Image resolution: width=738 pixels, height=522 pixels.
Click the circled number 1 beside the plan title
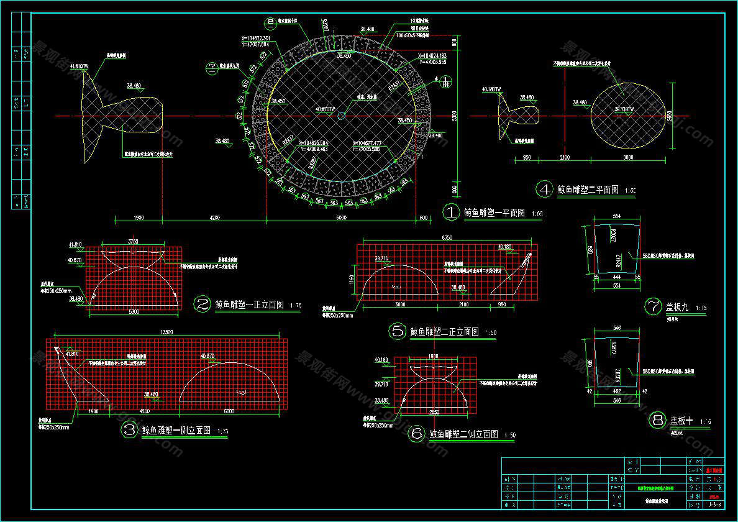click(450, 212)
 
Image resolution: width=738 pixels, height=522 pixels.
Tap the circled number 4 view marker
click(544, 190)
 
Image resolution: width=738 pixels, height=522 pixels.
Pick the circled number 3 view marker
click(129, 429)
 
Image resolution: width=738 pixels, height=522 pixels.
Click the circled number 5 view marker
click(398, 331)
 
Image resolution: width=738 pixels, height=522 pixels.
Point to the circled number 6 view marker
click(416, 434)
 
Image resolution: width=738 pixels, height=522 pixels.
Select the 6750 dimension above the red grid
click(447, 237)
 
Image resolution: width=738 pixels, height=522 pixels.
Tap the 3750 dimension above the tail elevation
click(133, 241)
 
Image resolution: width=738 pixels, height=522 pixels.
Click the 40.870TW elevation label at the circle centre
click(326, 109)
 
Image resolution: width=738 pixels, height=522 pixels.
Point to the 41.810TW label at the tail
click(80, 65)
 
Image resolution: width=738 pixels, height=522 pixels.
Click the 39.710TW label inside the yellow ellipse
click(624, 109)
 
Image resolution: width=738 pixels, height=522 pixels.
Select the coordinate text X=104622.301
click(256, 38)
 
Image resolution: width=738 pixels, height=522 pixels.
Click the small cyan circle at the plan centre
click(341, 116)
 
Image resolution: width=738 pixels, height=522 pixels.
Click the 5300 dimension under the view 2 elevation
click(134, 311)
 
